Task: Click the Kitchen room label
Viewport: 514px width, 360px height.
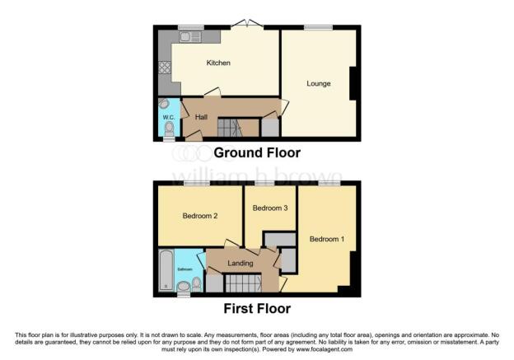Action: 217,63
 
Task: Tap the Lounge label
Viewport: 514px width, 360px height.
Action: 319,83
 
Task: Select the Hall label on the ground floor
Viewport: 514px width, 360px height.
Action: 201,117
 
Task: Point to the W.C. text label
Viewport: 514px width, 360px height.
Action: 168,118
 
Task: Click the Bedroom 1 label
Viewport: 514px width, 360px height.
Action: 327,240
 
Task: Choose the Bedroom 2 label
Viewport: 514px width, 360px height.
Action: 199,217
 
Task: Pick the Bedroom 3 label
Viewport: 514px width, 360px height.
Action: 269,208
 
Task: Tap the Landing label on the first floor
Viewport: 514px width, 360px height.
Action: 241,264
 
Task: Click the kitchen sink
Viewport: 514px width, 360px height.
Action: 189,36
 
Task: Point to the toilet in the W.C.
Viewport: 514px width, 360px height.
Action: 170,129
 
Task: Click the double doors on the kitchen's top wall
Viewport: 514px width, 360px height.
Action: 248,26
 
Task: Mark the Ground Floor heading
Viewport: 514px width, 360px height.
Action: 257,152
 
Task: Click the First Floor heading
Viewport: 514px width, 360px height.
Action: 257,309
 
